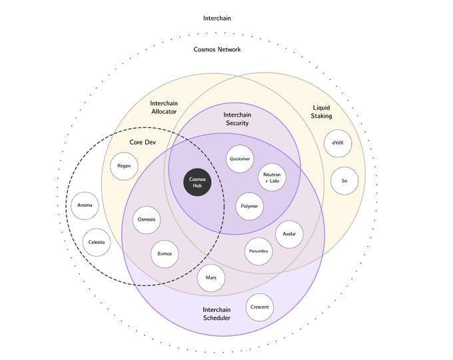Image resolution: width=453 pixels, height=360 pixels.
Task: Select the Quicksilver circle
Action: coord(239,159)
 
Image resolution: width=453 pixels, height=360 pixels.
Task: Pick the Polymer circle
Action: coord(249,207)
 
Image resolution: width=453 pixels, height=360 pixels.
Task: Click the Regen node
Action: coord(124,166)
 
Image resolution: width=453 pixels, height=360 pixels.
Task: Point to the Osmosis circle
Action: coord(147,219)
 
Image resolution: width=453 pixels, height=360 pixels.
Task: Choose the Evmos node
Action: coord(165,254)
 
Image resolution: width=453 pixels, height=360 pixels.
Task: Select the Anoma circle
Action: coord(85,205)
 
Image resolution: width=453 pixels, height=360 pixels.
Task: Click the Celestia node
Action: coord(97,242)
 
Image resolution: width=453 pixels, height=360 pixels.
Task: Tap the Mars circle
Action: coord(211,277)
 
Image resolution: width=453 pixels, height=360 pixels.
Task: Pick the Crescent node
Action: coord(259,307)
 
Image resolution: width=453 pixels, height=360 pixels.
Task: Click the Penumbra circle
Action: coord(258,251)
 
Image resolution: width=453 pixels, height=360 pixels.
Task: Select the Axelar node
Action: coord(289,235)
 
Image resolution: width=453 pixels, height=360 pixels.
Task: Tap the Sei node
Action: coord(344,181)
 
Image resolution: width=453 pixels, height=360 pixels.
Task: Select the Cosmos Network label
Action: coord(217,49)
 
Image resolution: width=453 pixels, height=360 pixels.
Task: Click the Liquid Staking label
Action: coord(322,112)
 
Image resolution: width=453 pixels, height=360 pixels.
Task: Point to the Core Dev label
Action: coord(141,142)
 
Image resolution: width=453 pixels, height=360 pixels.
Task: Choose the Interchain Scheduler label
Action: coord(217,313)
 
